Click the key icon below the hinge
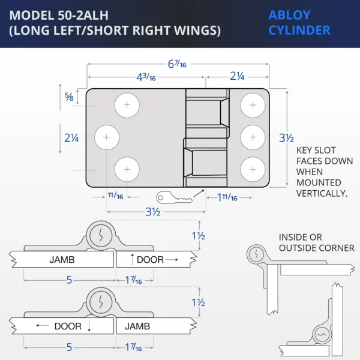tap(174, 197)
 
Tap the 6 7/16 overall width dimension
tap(178, 64)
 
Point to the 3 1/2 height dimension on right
tap(286, 137)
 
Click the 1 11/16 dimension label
tap(227, 197)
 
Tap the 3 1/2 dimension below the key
tap(153, 212)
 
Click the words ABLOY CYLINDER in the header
tap(299, 23)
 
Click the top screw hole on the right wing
tap(253, 106)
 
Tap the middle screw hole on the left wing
tap(107, 137)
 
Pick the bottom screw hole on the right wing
tap(253, 169)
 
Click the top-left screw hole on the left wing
tap(127, 106)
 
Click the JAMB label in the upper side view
tap(63, 260)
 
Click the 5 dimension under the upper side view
tap(69, 280)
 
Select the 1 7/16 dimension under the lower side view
tap(134, 347)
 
